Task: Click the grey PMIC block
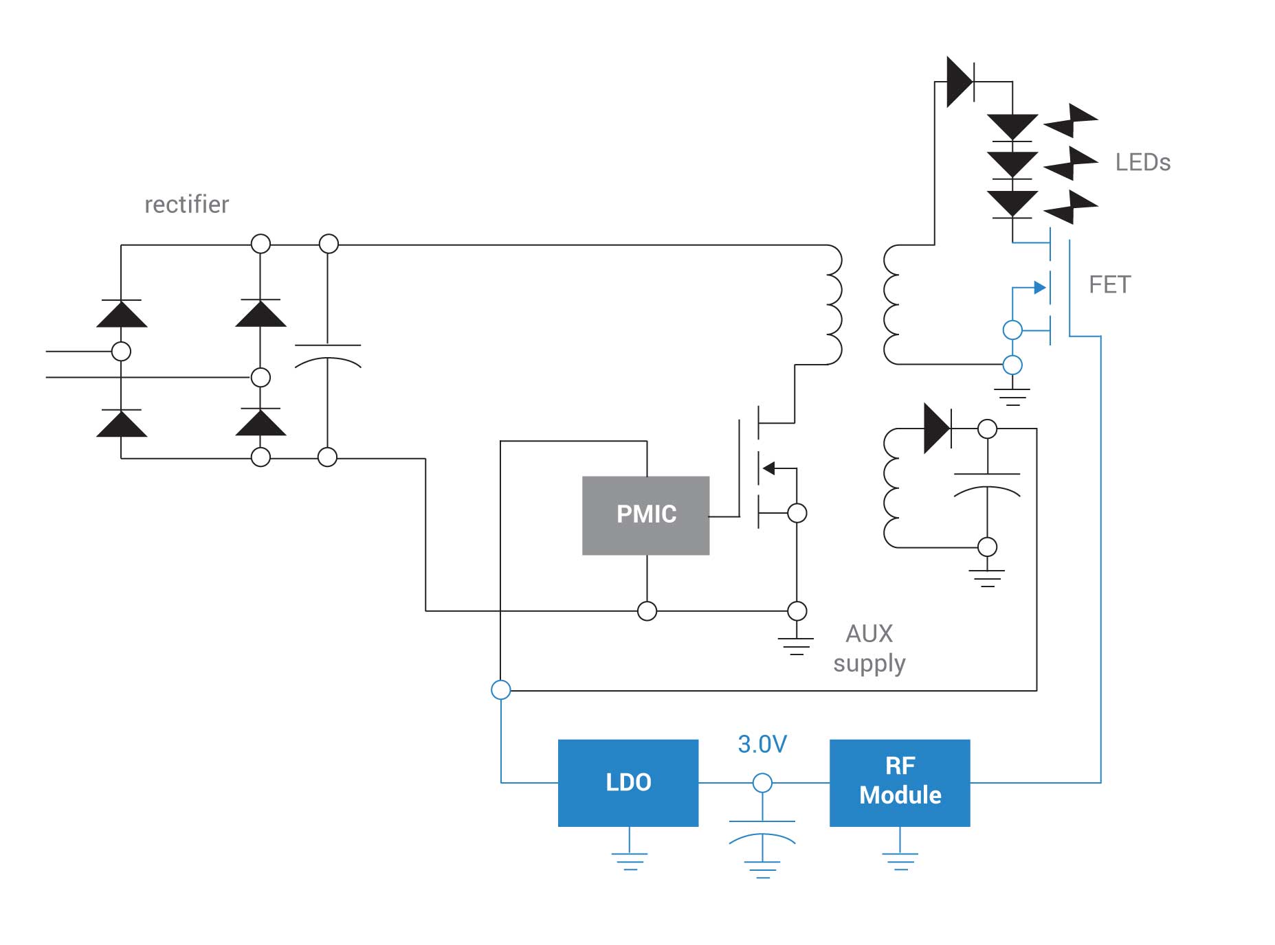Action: click(645, 515)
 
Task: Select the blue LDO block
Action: click(628, 782)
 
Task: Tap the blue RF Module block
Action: click(899, 782)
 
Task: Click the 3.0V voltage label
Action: click(762, 744)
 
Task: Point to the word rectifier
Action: click(186, 204)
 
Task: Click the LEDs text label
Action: click(1142, 162)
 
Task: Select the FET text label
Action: click(1109, 284)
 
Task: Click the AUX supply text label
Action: click(869, 648)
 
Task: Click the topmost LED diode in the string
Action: click(1012, 128)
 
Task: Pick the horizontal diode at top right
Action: click(960, 82)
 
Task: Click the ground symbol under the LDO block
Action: click(629, 861)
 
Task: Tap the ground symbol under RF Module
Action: click(900, 861)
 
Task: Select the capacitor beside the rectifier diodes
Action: click(328, 354)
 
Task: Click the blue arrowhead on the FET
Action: click(1040, 288)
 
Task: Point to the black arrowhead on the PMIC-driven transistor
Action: click(769, 468)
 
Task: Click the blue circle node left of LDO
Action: click(501, 690)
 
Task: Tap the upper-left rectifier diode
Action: click(122, 314)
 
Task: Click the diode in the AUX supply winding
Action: click(937, 429)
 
